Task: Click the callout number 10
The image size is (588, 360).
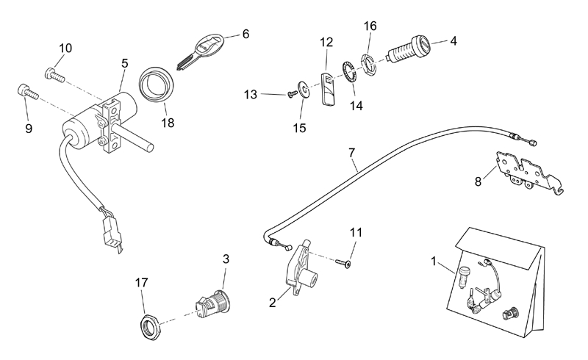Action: point(65,48)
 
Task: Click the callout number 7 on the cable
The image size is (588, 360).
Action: point(352,153)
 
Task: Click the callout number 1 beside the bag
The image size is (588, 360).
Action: point(433,261)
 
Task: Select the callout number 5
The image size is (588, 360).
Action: point(125,63)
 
